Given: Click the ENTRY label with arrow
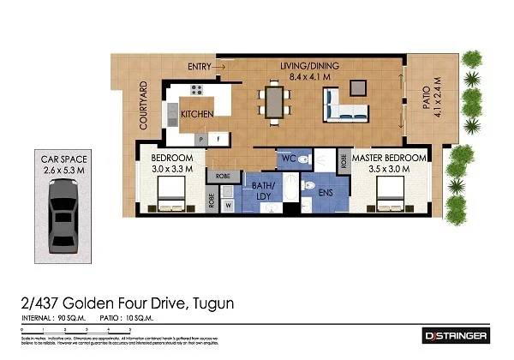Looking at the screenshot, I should coord(206,66).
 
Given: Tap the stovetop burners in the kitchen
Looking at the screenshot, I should coord(196,89).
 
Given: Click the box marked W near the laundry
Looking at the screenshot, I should coord(229,205).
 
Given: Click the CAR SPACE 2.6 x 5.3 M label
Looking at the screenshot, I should coord(65,164).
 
